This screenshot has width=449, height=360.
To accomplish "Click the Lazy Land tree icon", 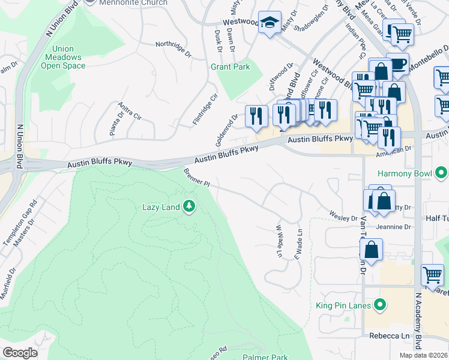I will click(x=189, y=207).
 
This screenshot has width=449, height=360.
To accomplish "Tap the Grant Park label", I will click(x=230, y=67).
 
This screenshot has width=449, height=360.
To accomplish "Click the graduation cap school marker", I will click(x=270, y=23).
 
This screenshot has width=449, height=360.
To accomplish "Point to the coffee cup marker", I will click(x=397, y=63).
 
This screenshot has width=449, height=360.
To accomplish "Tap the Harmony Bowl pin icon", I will click(x=441, y=174).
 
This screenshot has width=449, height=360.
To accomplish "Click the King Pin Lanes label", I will click(x=344, y=305).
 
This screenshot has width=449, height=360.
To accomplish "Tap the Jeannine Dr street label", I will click(x=393, y=227).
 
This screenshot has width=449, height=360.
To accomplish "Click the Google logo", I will click(x=20, y=353).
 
